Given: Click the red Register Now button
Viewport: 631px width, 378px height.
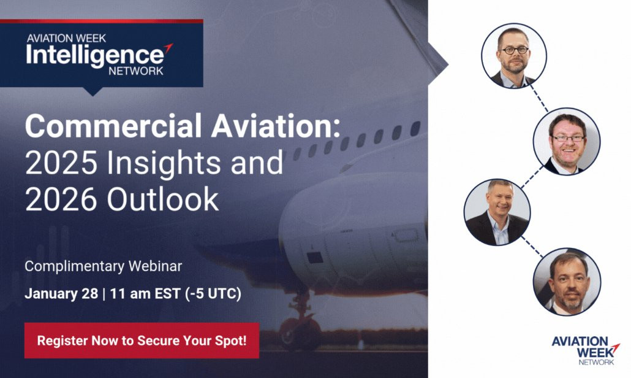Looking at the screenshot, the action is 142,341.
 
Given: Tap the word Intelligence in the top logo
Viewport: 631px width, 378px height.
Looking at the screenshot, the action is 95,56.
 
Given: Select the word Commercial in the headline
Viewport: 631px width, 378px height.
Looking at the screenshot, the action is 113,126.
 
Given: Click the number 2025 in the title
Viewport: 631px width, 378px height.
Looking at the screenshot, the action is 61,163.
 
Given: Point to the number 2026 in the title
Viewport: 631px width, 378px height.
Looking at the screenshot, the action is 61,199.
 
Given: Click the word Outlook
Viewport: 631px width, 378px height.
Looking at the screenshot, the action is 162,199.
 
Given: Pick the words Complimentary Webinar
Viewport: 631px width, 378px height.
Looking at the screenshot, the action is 104,266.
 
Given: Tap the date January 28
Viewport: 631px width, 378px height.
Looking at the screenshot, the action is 61,293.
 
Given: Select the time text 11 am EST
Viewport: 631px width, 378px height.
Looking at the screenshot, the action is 145,293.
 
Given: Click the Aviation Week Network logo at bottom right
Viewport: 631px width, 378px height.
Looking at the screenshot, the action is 586,350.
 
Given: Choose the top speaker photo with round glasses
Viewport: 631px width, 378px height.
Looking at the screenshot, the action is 514,56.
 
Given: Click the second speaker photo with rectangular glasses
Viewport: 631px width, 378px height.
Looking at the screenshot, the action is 567,142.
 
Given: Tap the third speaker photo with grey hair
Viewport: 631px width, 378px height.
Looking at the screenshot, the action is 497,212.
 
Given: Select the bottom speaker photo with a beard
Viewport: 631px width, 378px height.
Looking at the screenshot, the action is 567,282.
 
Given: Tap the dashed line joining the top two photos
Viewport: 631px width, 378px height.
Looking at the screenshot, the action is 539,99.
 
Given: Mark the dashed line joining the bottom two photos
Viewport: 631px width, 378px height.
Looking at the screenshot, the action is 532,247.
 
